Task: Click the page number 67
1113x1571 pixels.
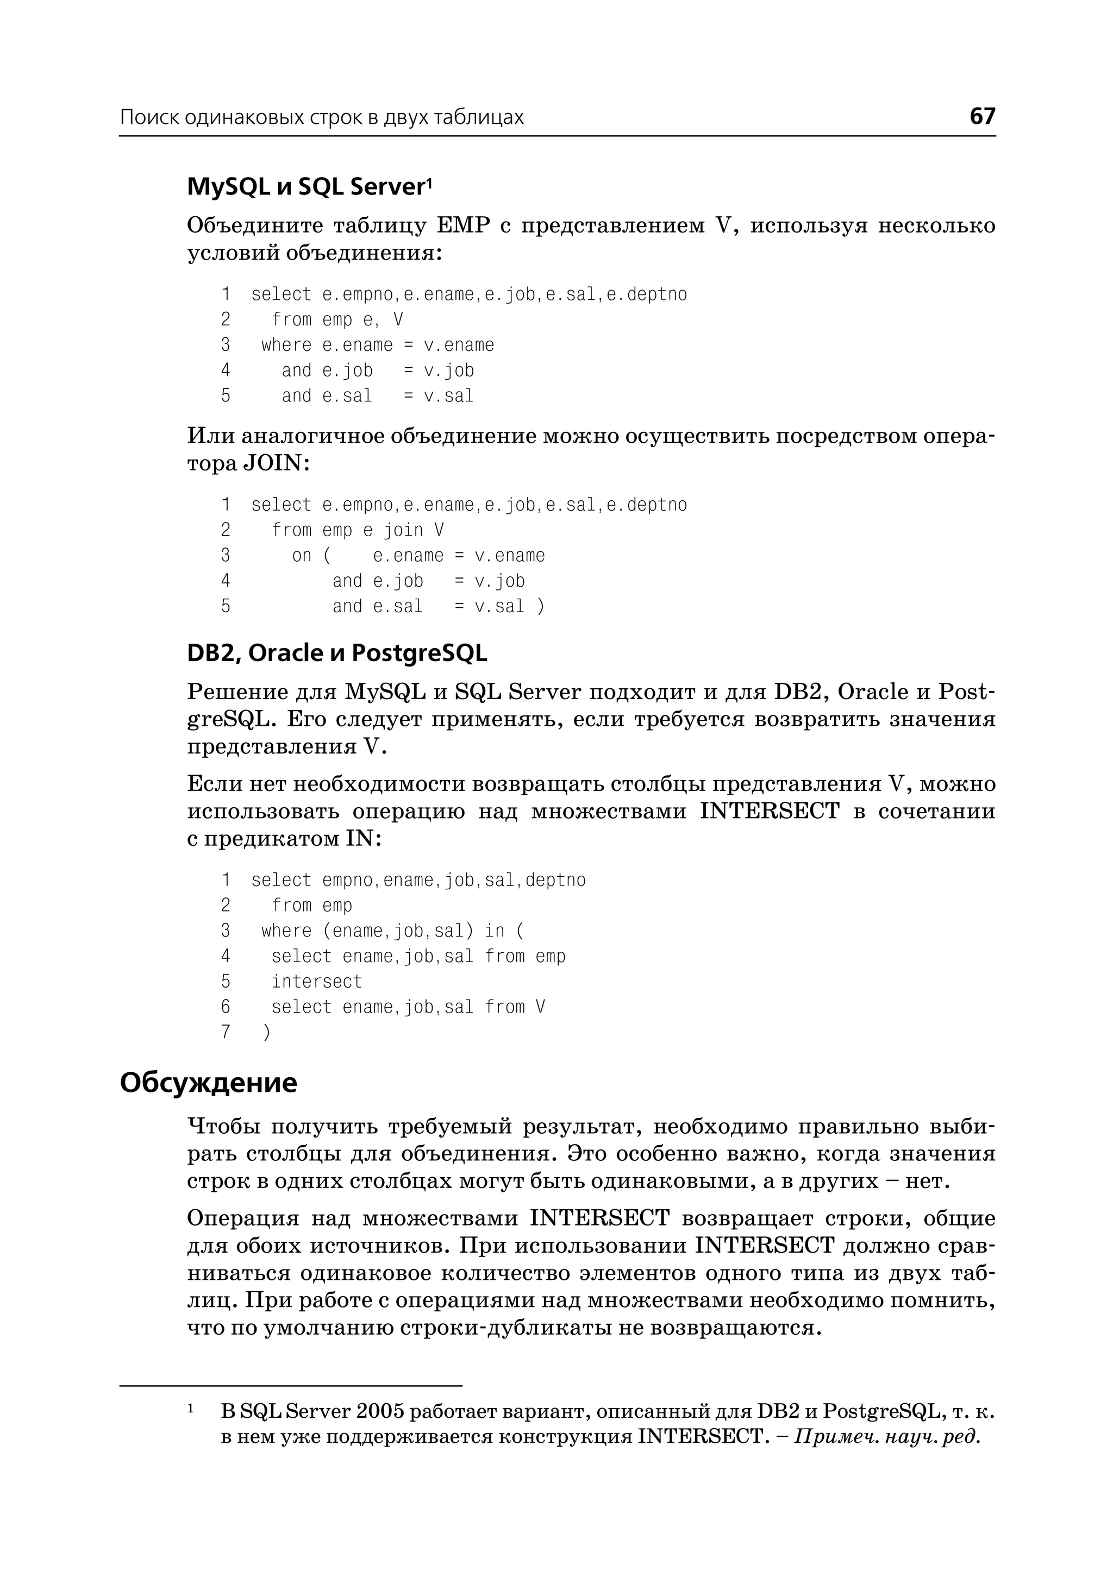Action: (981, 116)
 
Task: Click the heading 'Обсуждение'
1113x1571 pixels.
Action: (208, 1083)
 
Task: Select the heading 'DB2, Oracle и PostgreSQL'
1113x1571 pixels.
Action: (336, 653)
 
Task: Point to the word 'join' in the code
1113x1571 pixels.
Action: (403, 530)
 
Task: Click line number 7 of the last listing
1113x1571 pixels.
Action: (226, 1032)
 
